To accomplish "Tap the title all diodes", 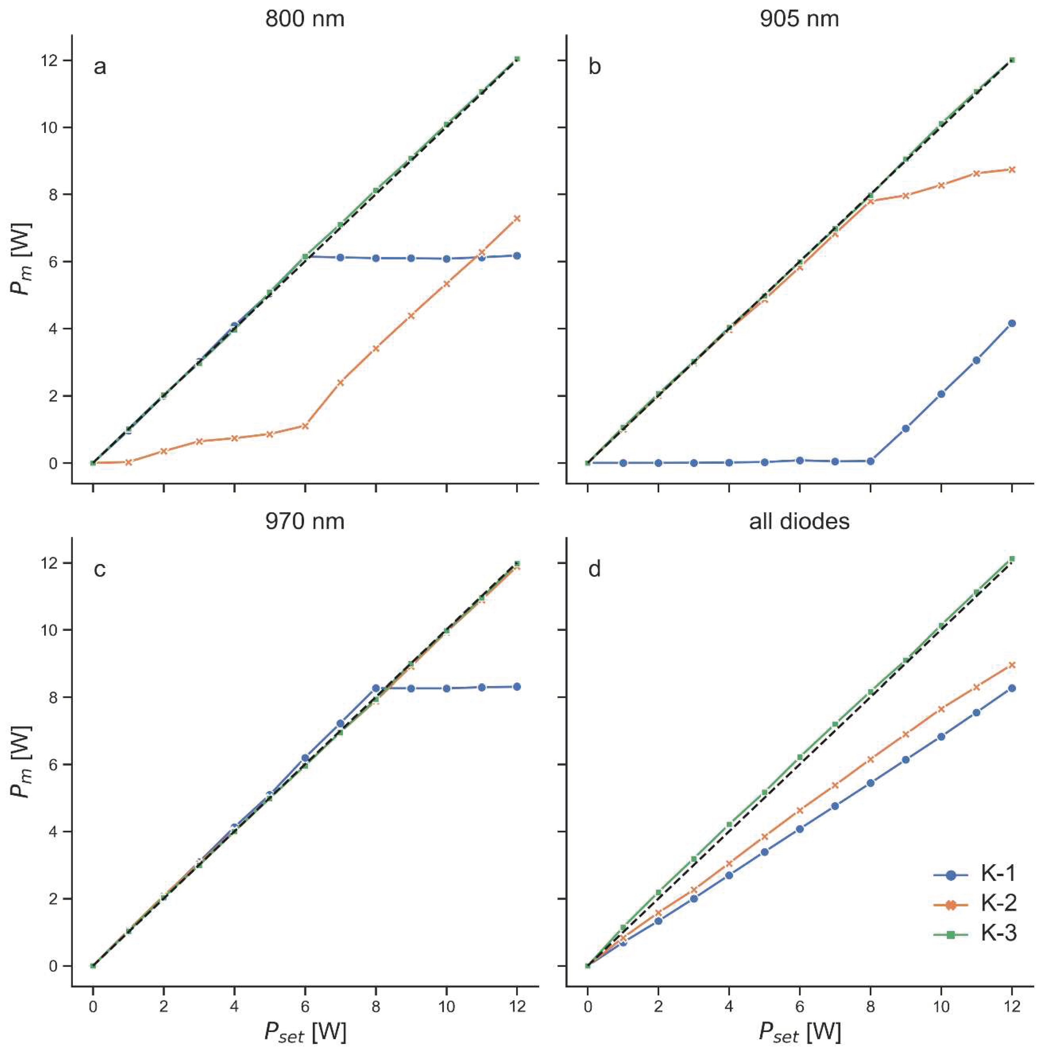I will click(x=799, y=522).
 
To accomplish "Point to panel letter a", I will click(x=100, y=67).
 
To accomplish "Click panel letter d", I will click(x=595, y=570).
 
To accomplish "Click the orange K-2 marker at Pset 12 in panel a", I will click(x=517, y=218).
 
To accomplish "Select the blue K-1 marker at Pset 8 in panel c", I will click(x=376, y=688).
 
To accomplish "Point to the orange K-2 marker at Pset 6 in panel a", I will click(x=305, y=426).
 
